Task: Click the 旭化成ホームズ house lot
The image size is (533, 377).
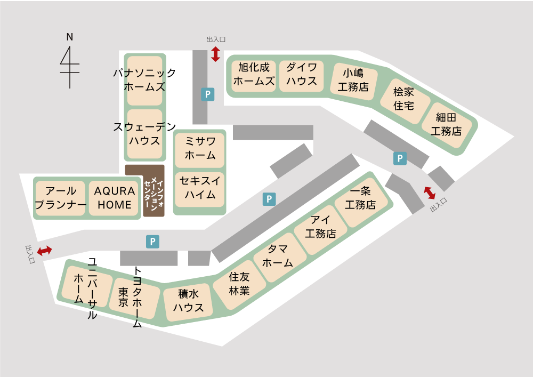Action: coord(254,75)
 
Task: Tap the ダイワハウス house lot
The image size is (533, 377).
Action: coord(302,75)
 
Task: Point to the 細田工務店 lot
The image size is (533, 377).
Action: coord(446,124)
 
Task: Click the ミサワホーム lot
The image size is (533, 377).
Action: coord(200,148)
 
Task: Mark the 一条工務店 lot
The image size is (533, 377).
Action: coord(360,198)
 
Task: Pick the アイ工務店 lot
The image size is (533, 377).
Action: coord(320,227)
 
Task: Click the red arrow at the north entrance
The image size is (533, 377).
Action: coord(215,54)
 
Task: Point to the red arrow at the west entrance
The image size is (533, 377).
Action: coord(44,250)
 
